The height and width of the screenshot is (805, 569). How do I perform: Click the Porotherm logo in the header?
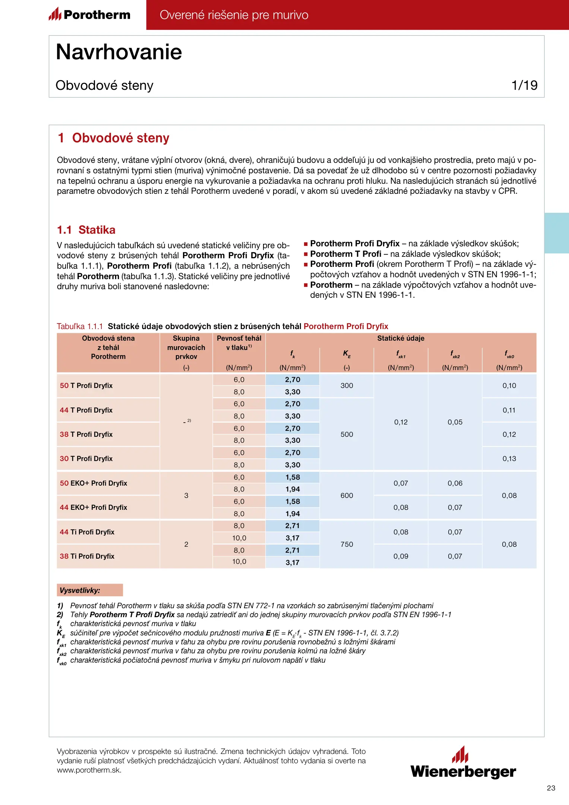[90, 15]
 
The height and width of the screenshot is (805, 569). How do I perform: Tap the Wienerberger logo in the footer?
[463, 763]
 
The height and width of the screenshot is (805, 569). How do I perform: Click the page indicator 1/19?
[524, 85]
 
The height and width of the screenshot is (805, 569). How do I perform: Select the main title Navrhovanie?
[119, 52]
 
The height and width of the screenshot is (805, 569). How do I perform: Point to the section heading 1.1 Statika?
[86, 230]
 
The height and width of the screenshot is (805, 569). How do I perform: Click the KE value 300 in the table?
[347, 386]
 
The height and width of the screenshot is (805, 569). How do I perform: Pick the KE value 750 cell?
[347, 544]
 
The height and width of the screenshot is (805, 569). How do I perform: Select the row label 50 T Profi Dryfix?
[86, 386]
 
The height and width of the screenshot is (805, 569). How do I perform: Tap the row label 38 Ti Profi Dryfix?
[87, 556]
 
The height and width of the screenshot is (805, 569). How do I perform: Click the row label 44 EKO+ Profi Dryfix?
[93, 508]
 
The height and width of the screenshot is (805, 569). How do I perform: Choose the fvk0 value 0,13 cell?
[509, 459]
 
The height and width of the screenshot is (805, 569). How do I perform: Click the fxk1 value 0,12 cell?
[401, 422]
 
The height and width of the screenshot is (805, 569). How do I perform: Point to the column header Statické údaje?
[401, 338]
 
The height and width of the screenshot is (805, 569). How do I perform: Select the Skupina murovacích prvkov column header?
[186, 348]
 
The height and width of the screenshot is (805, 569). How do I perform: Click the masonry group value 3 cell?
[186, 496]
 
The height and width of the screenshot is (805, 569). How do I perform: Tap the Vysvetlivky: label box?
[90, 590]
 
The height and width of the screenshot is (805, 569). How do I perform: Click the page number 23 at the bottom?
[551, 788]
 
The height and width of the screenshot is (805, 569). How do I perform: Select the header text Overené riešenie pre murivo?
[234, 15]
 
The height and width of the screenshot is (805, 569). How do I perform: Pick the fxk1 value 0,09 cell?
[401, 556]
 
